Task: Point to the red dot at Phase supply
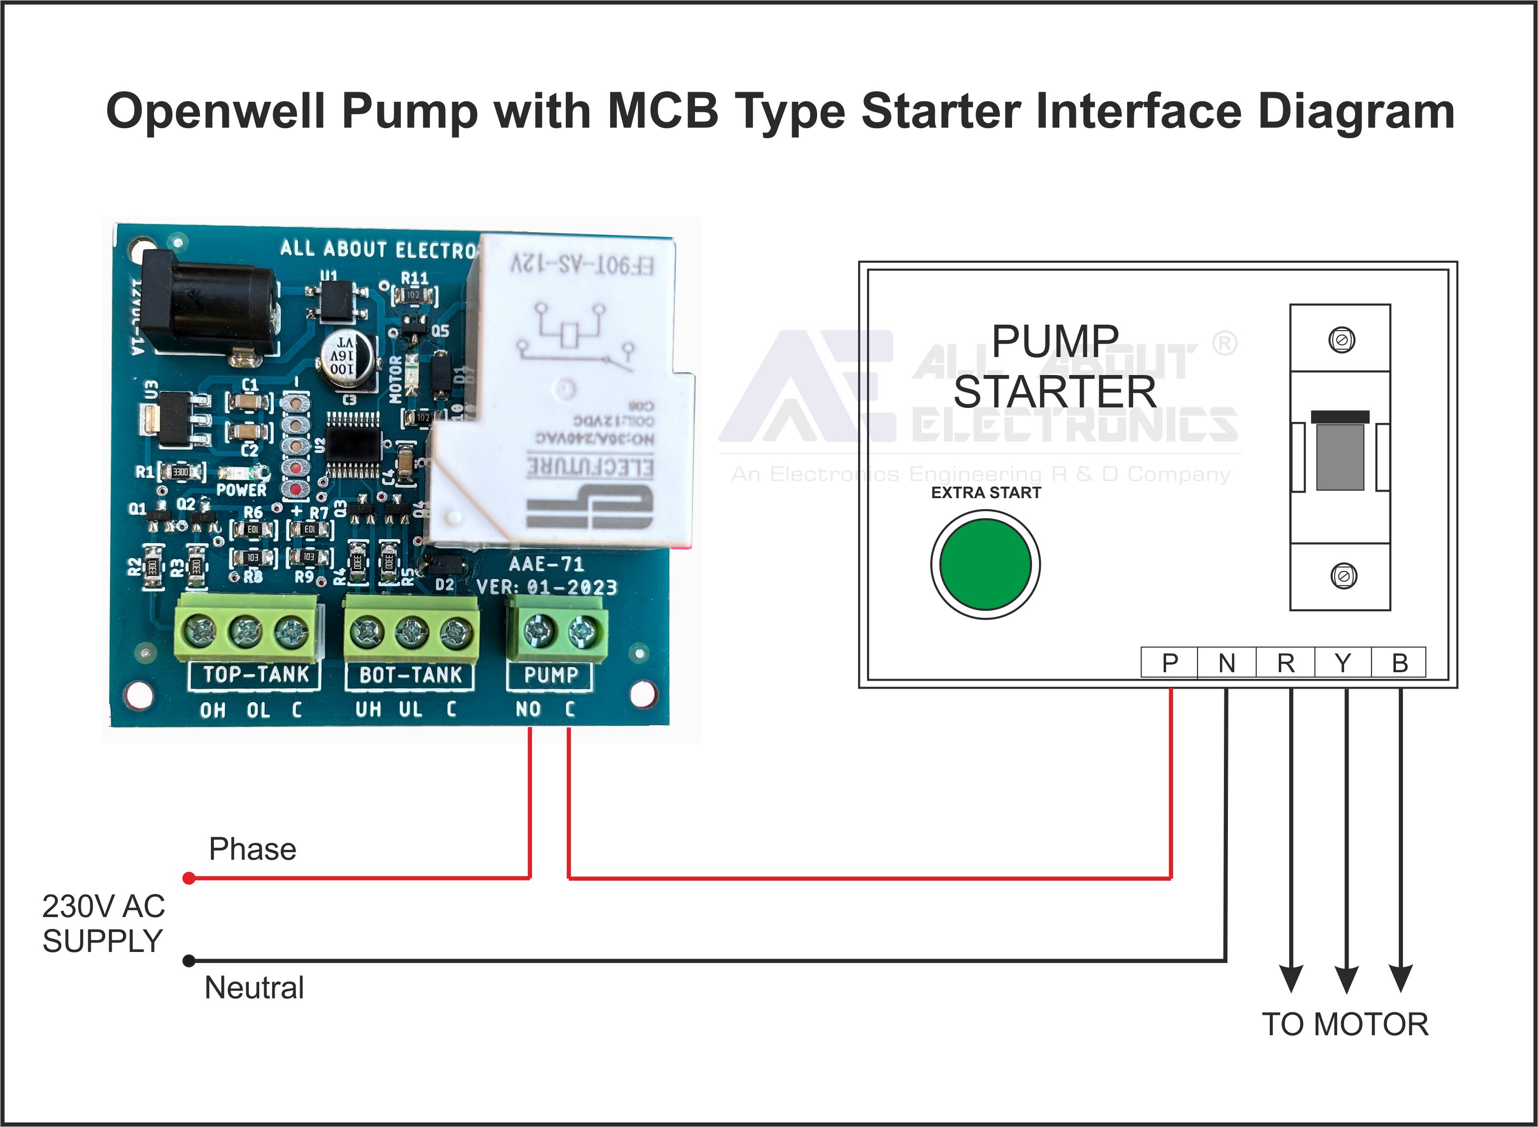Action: tap(189, 878)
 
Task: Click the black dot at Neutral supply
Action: tap(189, 961)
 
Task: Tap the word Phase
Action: tap(252, 849)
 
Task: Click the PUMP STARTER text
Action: tap(1054, 367)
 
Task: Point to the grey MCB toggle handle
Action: tap(1340, 456)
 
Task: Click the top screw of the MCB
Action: tap(1342, 340)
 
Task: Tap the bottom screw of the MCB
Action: tap(1343, 576)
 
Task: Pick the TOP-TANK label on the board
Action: tap(256, 675)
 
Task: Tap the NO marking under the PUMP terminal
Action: tap(528, 710)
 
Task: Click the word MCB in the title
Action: tap(662, 111)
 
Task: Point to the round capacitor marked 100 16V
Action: tap(346, 360)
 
